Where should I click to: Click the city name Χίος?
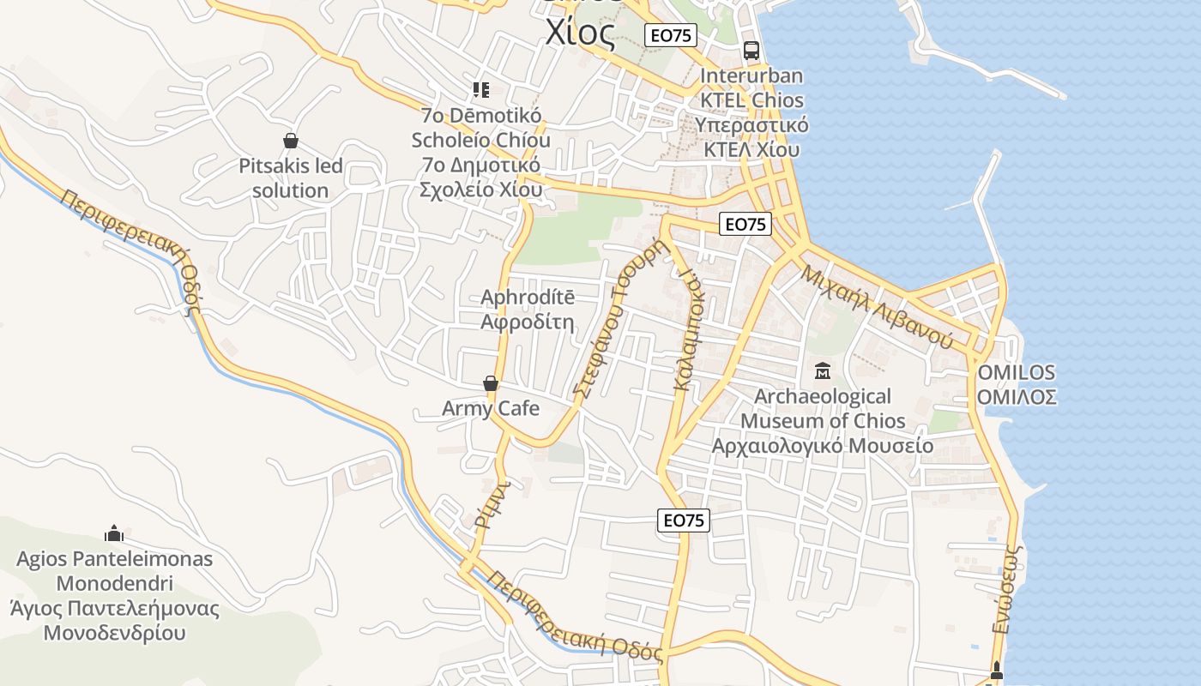pos(581,33)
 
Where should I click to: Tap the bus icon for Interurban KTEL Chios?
pos(751,50)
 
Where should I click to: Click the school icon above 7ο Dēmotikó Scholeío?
pos(481,89)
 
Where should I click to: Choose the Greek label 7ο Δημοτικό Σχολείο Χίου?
pos(481,177)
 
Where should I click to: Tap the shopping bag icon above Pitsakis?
pos(291,141)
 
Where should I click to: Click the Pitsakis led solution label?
pos(291,178)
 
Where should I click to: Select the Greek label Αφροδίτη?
pos(527,322)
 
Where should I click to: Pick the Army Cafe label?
pos(491,408)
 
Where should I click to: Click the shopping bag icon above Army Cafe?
pos(491,383)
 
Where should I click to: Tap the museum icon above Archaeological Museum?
pos(823,371)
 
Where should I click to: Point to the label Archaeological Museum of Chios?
pos(823,408)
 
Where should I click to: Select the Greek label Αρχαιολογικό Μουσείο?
pos(823,446)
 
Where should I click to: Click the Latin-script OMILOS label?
pos(1017,373)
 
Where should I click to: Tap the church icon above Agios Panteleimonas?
pos(114,534)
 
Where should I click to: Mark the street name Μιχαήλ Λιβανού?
pos(878,306)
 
